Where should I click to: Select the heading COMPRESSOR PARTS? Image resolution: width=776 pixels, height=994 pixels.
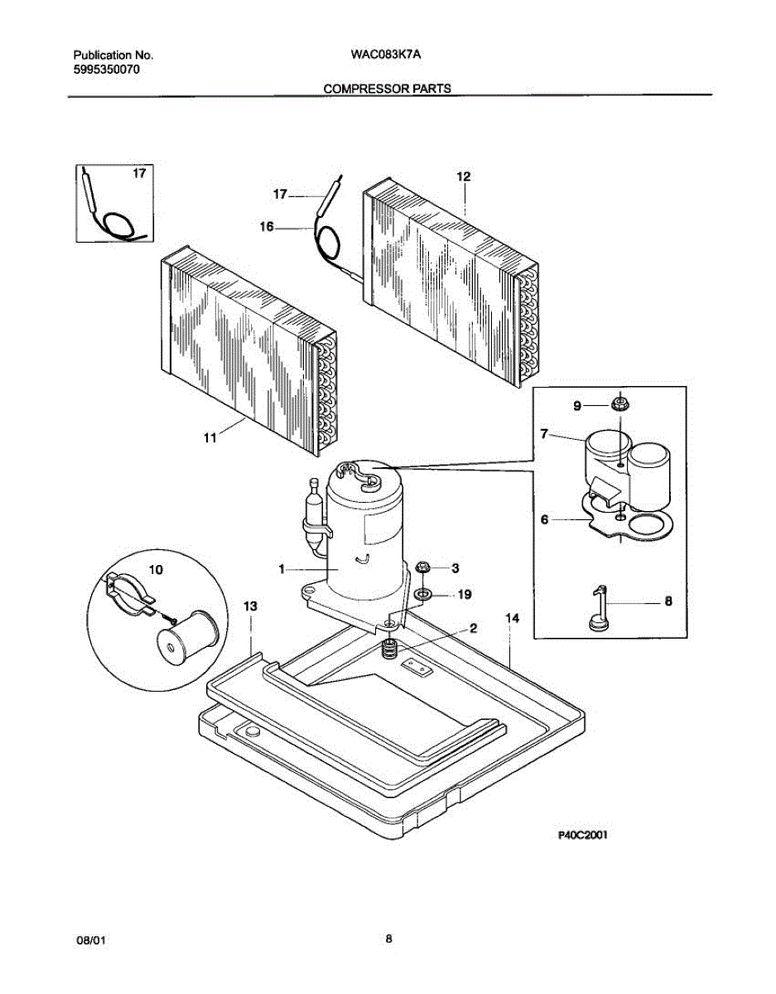387,88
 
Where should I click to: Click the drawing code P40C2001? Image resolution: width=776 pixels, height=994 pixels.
582,836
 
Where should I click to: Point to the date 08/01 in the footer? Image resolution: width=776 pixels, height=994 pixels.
90,941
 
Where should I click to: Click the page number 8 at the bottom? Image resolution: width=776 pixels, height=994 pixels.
388,939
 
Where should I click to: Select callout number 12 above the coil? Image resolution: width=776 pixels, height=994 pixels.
464,176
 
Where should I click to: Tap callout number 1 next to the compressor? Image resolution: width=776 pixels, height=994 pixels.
282,569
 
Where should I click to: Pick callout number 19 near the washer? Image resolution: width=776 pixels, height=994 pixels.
465,594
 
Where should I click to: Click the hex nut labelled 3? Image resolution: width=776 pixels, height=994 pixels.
422,567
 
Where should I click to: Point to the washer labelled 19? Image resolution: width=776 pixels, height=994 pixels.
422,594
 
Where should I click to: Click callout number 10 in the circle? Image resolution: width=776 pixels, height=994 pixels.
156,570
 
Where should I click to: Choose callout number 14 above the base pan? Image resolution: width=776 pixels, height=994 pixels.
513,618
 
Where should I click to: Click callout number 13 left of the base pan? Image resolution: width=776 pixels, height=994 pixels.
250,607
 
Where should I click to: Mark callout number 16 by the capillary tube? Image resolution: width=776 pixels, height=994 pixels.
267,225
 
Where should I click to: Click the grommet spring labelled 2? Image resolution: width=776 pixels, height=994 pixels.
386,650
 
